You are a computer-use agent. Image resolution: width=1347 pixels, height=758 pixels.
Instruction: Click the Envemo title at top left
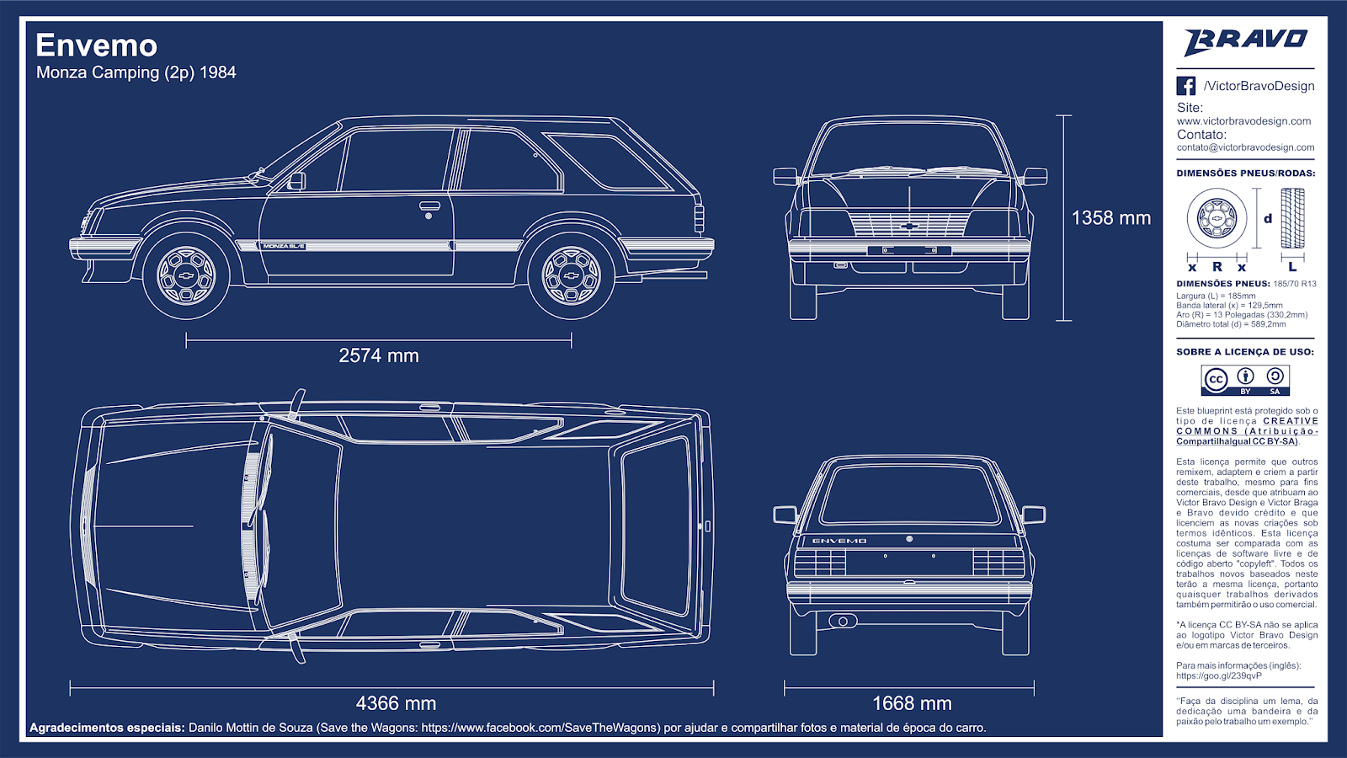(x=96, y=45)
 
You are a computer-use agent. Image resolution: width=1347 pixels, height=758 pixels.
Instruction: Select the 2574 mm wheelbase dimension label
(x=379, y=355)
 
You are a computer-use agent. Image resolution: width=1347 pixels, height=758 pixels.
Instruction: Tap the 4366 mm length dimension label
(x=396, y=703)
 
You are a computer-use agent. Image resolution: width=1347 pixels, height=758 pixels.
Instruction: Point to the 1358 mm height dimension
(x=1110, y=218)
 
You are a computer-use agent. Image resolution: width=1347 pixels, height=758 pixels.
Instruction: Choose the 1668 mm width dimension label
(x=912, y=703)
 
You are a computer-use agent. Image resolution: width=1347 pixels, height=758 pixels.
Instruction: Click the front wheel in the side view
(x=186, y=275)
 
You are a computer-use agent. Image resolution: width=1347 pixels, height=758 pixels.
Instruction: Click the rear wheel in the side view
(x=572, y=275)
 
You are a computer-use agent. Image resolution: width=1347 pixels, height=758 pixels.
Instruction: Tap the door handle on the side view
(x=429, y=206)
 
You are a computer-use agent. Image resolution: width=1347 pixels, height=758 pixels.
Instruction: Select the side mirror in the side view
(x=296, y=181)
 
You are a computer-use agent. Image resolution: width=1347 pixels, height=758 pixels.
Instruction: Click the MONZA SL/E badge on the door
(x=283, y=246)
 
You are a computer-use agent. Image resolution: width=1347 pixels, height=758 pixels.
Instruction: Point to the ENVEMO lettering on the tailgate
(x=839, y=541)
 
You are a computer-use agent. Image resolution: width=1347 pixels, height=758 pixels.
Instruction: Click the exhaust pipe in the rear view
(x=839, y=621)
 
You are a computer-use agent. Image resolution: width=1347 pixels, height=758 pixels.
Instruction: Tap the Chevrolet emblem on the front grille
(x=909, y=226)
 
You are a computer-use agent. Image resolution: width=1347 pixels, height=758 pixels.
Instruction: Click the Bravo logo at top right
(x=1245, y=41)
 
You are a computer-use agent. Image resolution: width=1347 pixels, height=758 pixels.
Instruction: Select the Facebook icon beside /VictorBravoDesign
(x=1185, y=86)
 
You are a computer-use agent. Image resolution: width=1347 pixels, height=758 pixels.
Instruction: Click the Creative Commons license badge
(x=1245, y=381)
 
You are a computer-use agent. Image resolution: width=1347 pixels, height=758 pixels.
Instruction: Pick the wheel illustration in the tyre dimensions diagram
(x=1217, y=218)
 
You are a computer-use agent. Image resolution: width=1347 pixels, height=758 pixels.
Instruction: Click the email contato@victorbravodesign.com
(x=1245, y=147)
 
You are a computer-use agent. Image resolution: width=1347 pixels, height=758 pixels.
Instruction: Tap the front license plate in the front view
(x=909, y=250)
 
